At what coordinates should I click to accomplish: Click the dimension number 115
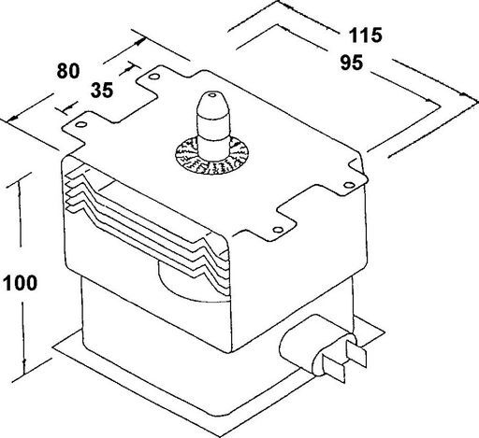tap(365, 35)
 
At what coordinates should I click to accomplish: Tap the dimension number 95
tap(352, 63)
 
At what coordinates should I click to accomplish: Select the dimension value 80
tap(68, 71)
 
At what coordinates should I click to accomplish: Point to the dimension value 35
tap(102, 91)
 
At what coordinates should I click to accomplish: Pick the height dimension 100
tap(20, 283)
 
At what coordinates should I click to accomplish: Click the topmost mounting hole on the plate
tap(153, 76)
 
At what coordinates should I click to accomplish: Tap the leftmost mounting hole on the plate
tap(81, 124)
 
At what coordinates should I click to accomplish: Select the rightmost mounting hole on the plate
tap(349, 185)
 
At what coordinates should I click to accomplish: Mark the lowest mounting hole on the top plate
tap(278, 230)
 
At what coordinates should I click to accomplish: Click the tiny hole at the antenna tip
tap(212, 94)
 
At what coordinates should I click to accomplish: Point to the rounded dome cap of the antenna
tap(212, 106)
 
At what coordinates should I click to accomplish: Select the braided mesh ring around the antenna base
tap(212, 156)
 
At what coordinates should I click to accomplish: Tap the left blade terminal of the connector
tap(334, 368)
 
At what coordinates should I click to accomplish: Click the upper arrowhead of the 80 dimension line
tap(140, 41)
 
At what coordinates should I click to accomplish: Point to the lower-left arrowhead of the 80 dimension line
tap(12, 119)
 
